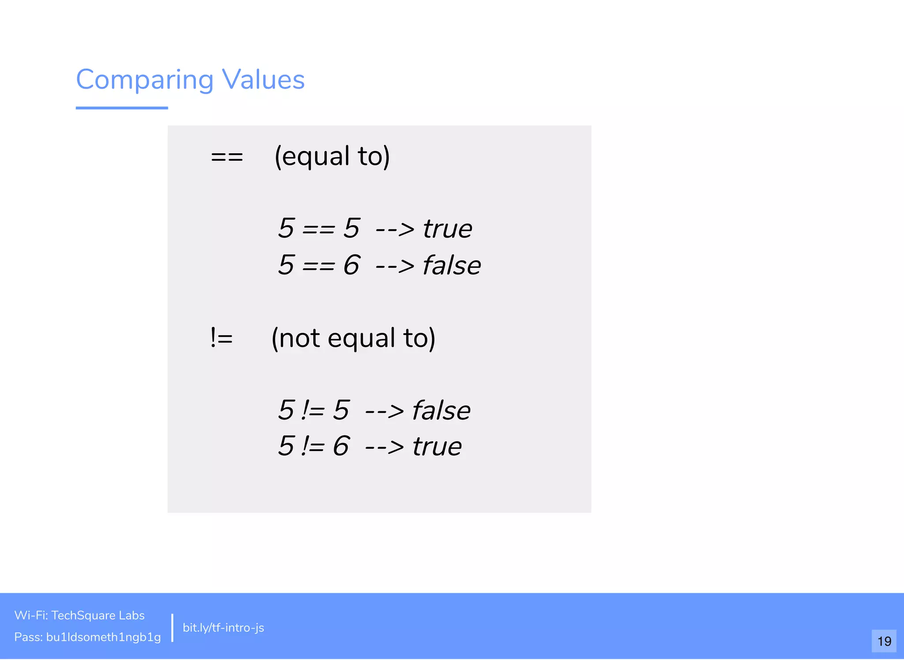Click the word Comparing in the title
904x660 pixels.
click(145, 80)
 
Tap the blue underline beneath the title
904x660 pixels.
click(122, 108)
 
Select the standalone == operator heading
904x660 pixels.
click(227, 157)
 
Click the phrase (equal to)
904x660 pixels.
click(332, 156)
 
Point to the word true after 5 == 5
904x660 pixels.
click(448, 229)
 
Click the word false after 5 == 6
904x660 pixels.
click(452, 266)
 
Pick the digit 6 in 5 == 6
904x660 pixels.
click(351, 265)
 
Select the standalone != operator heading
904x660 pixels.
click(222, 338)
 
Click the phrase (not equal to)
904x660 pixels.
click(353, 338)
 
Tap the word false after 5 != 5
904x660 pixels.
click(441, 410)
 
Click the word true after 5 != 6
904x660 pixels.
click(437, 447)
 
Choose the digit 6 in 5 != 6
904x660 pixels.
click(341, 446)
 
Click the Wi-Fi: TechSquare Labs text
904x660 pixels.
click(79, 615)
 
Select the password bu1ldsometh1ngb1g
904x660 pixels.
click(103, 637)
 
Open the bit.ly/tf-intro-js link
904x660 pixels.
click(223, 628)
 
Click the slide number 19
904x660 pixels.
click(884, 641)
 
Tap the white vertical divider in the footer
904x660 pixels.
click(172, 627)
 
